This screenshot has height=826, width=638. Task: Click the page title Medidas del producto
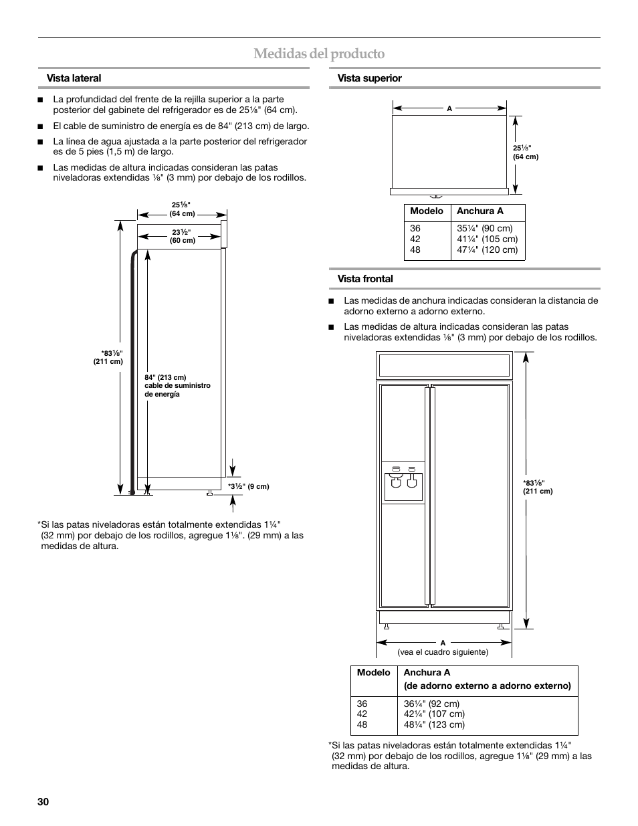(x=319, y=54)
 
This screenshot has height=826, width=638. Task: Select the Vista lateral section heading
(x=74, y=78)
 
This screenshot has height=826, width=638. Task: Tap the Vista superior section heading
(x=369, y=78)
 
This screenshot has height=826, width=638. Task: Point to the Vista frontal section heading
(x=365, y=279)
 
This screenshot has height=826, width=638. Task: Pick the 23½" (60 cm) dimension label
(x=182, y=236)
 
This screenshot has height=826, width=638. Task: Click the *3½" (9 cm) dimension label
(x=248, y=487)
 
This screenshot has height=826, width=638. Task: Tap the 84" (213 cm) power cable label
(x=177, y=386)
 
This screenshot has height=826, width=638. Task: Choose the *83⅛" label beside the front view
(x=538, y=487)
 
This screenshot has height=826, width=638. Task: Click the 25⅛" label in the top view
(x=525, y=152)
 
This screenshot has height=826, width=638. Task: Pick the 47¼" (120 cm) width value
(x=487, y=250)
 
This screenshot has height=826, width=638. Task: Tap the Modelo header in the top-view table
(x=427, y=211)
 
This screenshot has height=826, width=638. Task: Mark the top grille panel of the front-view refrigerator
(x=444, y=365)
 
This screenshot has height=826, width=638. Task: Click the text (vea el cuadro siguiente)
(x=443, y=652)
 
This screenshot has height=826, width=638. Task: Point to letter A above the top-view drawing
(x=449, y=108)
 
